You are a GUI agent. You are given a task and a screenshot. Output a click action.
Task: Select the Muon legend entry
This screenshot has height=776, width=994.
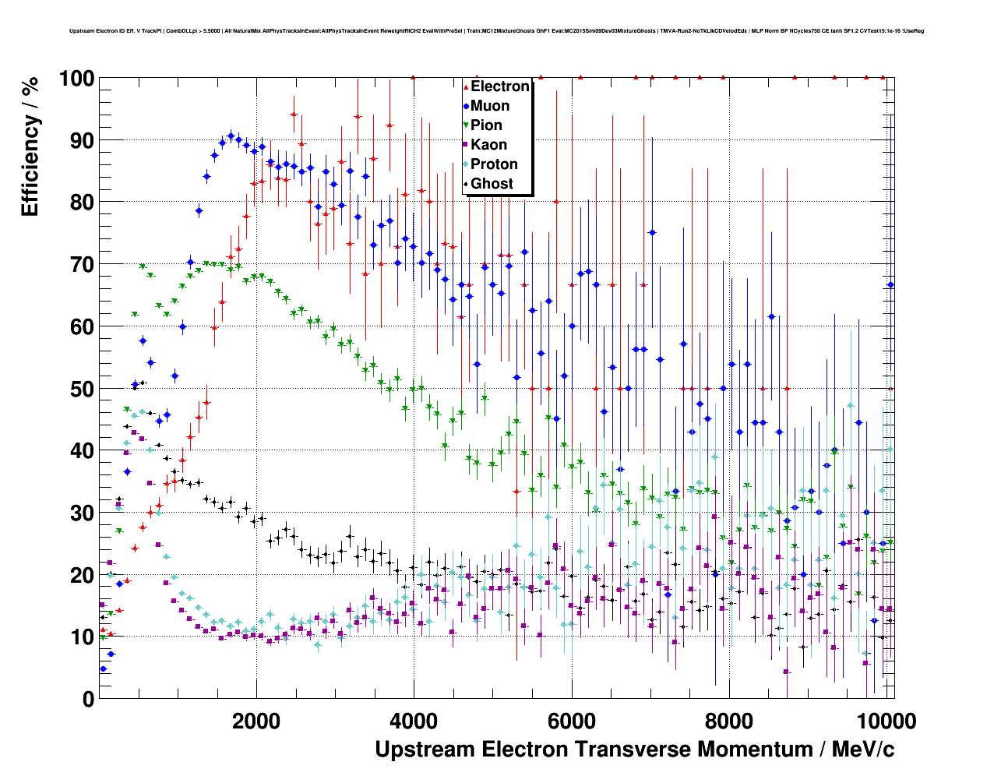[x=490, y=106]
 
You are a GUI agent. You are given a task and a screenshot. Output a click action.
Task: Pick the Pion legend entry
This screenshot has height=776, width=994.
[x=486, y=125]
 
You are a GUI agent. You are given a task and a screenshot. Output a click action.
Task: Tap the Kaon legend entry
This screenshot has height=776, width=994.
[x=488, y=145]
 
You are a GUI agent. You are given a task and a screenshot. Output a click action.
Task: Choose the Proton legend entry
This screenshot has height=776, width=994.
[x=494, y=164]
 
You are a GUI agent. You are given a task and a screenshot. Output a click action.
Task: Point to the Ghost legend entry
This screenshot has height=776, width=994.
[x=492, y=184]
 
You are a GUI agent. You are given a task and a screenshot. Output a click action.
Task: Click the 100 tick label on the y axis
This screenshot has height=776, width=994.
[x=77, y=79]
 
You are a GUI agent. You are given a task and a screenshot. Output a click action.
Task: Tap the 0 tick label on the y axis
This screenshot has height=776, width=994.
[x=88, y=699]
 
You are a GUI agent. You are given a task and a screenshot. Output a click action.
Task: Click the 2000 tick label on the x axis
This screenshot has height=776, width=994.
[x=256, y=721]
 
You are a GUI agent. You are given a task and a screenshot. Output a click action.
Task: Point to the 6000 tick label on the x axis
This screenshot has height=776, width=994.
[x=571, y=721]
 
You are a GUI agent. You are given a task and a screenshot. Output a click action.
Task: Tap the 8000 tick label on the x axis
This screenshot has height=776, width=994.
[x=728, y=721]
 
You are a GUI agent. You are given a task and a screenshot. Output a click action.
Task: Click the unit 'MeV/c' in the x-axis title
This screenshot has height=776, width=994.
[x=862, y=750]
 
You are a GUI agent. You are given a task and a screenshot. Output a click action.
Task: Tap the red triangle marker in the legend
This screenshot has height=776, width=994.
[x=466, y=86]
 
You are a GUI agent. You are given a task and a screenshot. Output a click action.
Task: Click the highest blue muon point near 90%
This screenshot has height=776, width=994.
[x=231, y=136]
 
